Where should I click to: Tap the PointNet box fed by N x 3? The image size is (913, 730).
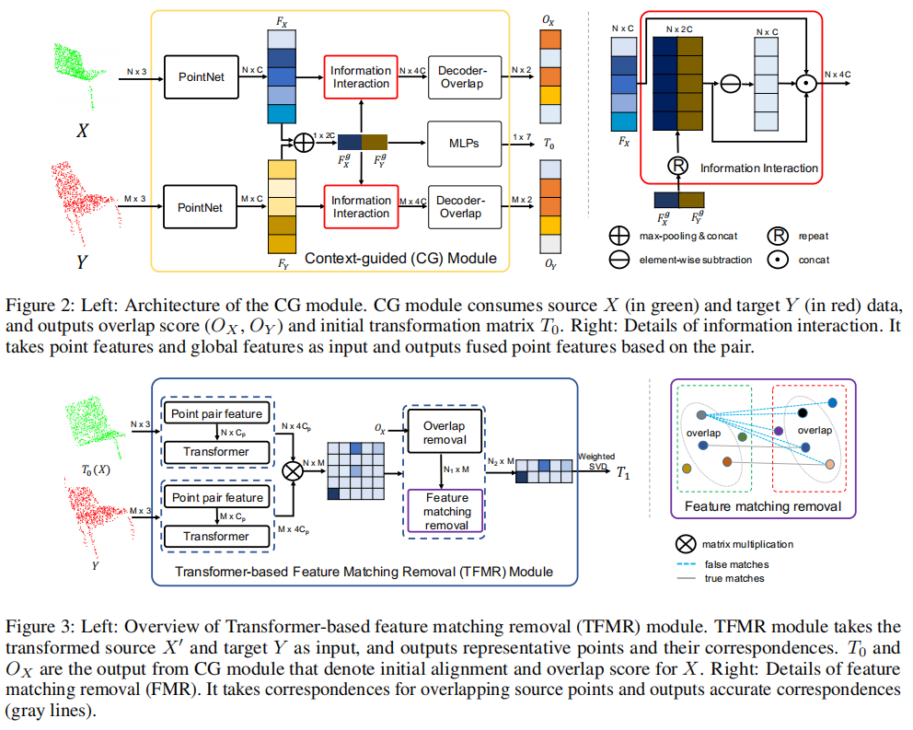tap(201, 77)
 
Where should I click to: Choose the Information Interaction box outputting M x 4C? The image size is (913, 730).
tap(361, 206)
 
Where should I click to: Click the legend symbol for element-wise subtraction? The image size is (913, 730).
tap(619, 260)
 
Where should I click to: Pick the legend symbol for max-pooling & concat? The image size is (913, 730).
tap(619, 237)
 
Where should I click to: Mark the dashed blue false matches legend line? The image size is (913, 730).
tap(686, 564)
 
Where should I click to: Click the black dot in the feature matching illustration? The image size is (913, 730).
tap(803, 411)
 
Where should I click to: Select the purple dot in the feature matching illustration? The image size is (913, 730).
tap(780, 430)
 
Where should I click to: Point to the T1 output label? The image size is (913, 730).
tap(624, 474)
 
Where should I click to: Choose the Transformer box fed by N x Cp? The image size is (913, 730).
tap(217, 452)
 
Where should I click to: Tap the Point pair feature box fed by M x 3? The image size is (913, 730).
tap(217, 498)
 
